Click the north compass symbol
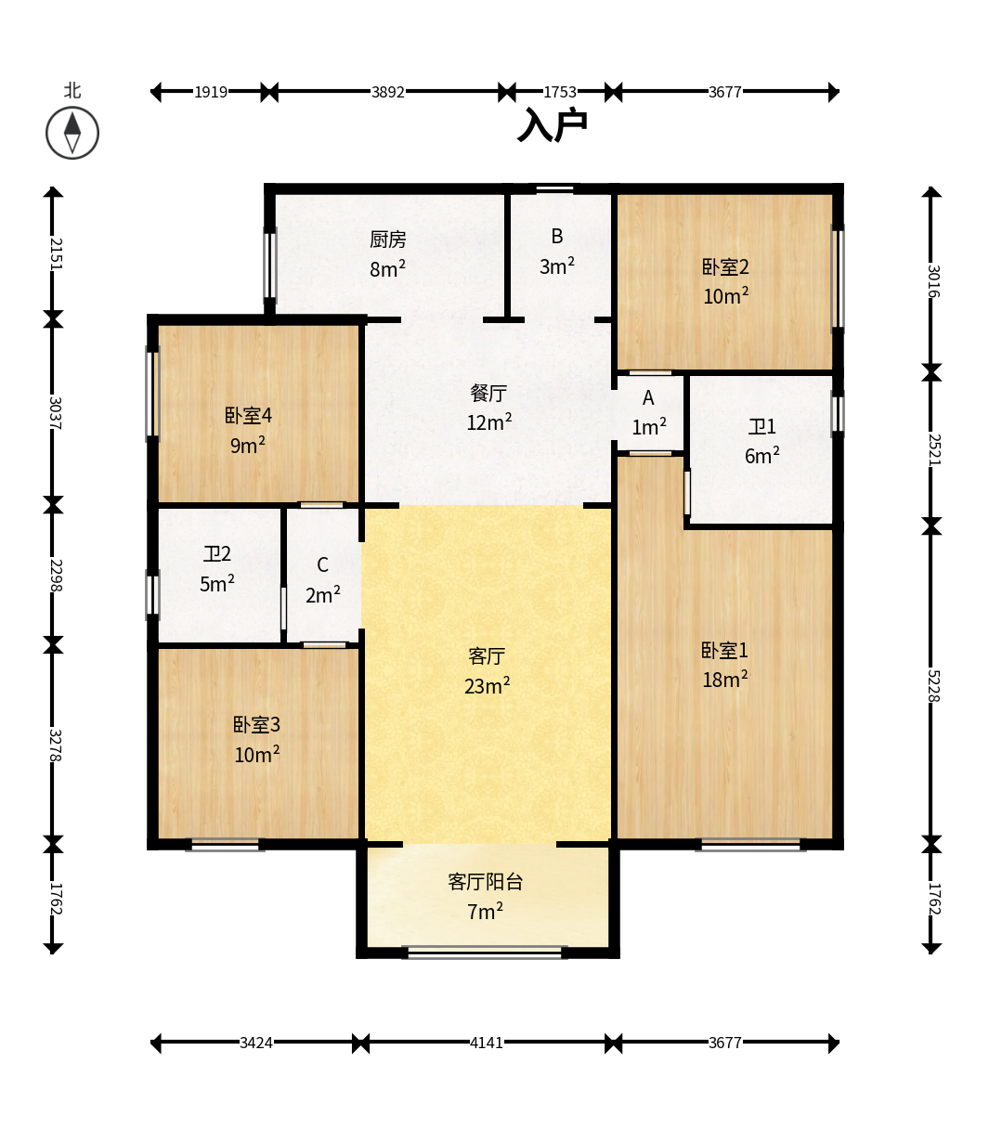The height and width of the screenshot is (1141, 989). point(72,133)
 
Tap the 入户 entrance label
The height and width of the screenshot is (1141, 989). point(553,125)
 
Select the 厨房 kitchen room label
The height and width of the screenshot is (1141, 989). point(388,240)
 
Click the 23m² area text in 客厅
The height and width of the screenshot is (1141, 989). point(487,686)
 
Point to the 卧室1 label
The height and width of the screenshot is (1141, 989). point(724,651)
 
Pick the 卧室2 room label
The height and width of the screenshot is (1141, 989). point(725,267)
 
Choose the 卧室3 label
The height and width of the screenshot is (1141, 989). point(256,725)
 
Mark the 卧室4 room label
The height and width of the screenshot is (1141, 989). point(248,416)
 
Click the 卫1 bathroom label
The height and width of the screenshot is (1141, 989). point(761,427)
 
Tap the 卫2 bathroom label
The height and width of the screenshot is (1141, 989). point(217,554)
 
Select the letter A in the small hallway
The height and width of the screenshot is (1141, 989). point(648,398)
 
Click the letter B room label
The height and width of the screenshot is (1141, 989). point(557,237)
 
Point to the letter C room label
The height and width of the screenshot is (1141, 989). point(322,565)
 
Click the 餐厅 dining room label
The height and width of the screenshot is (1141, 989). point(488,394)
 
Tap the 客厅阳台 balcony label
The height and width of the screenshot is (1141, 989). point(485,882)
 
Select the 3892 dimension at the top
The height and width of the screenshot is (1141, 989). point(387,92)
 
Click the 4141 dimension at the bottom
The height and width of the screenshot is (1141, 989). point(486,1043)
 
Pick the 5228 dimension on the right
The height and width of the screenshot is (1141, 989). point(932,684)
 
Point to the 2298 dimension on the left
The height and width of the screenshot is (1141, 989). point(55,575)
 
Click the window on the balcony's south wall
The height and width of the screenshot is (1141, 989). point(486,952)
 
